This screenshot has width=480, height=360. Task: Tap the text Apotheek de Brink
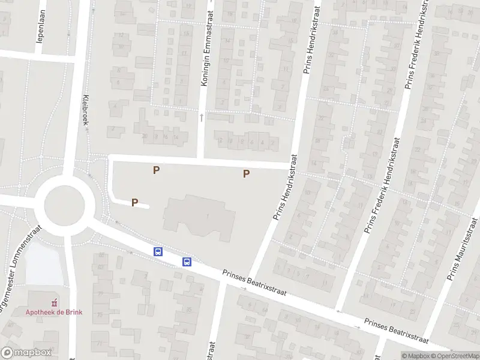click(x=54, y=312)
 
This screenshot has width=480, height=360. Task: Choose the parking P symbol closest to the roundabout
click(x=135, y=203)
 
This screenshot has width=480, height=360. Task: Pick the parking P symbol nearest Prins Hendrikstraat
click(x=246, y=174)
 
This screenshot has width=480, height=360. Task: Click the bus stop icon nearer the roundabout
click(x=158, y=252)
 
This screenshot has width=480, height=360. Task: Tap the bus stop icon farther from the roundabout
click(x=187, y=261)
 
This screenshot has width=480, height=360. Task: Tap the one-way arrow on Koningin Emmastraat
click(x=202, y=118)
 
